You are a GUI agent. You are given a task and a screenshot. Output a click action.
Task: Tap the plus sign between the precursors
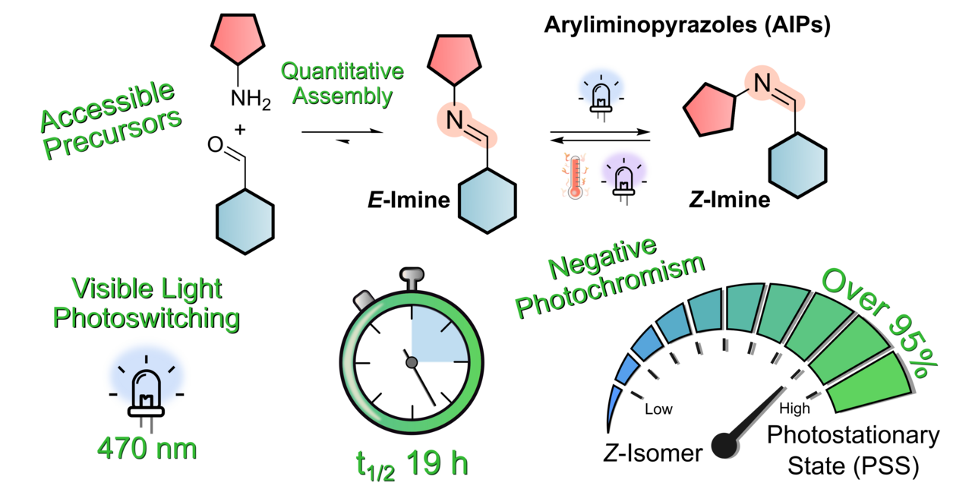[x=241, y=130]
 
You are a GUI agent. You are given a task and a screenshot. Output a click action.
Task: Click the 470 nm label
[x=147, y=448]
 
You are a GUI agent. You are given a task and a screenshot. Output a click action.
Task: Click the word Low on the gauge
[x=658, y=409]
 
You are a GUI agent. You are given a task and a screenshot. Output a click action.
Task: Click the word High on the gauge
[x=794, y=409]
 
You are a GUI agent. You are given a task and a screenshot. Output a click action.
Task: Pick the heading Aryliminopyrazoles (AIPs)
[x=686, y=26]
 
